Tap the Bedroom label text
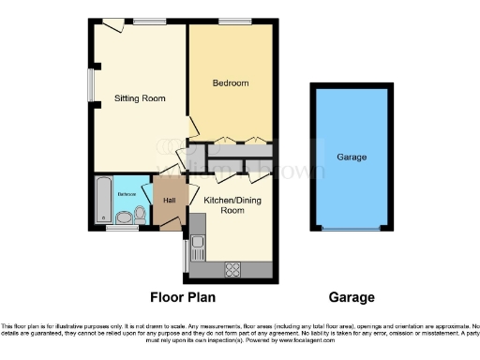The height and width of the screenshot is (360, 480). (230, 83)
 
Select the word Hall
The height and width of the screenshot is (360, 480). (170, 201)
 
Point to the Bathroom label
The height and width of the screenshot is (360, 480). (127, 194)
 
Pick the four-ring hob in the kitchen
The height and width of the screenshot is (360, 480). (232, 270)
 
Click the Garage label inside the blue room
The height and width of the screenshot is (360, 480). (352, 157)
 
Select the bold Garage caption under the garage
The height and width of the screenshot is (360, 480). (352, 298)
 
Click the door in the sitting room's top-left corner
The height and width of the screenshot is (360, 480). (112, 25)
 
